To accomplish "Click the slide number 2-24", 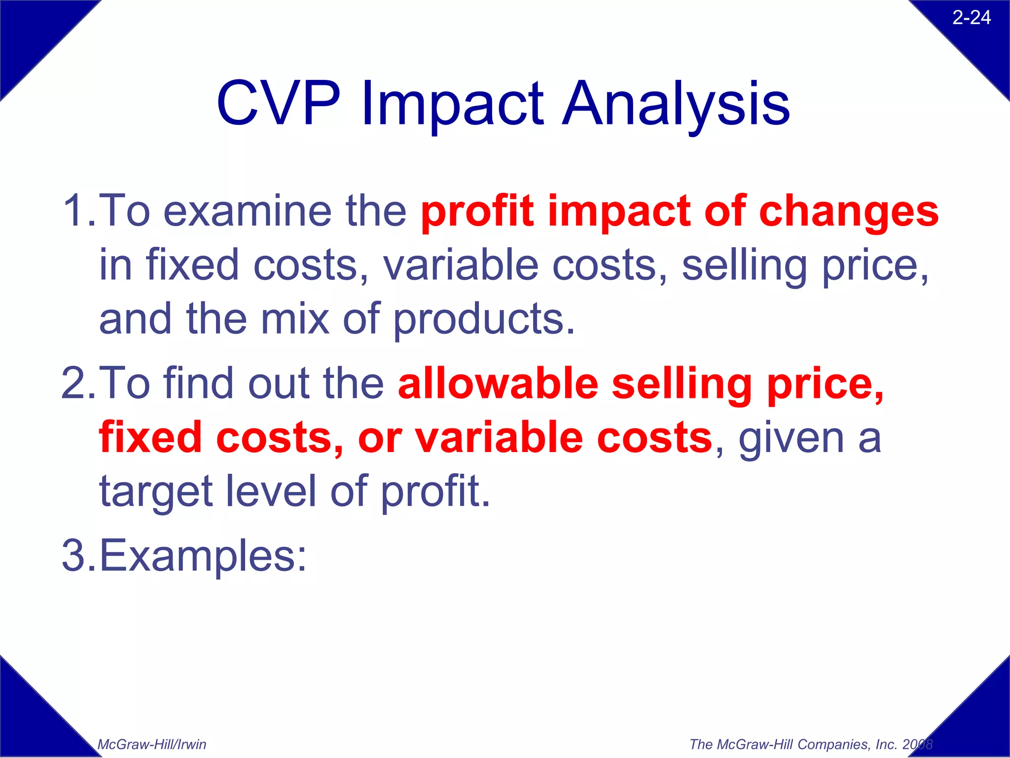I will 971,18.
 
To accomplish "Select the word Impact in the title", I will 452,106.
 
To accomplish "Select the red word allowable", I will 498,383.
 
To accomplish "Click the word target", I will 156,493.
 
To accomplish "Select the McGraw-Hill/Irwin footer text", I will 152,744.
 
